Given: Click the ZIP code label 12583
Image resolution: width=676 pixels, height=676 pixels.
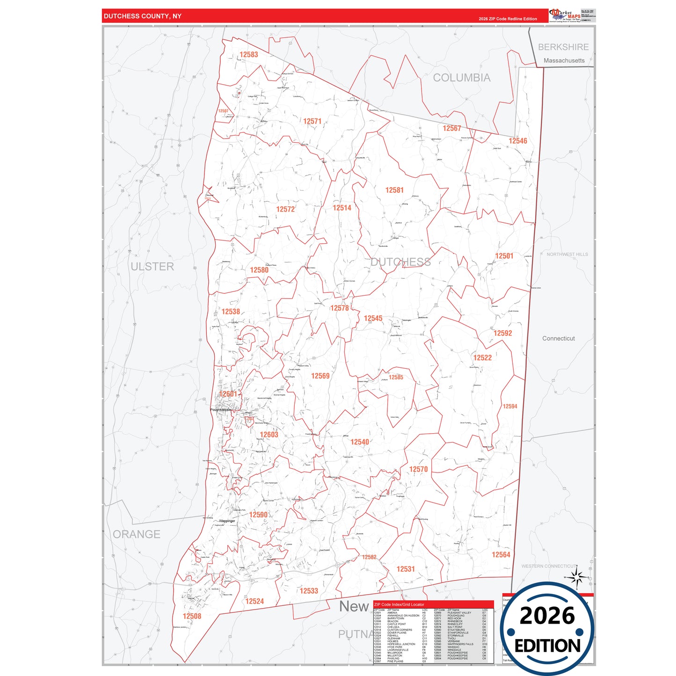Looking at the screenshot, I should click(249, 55).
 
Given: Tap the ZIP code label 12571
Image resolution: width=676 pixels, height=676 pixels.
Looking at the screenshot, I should click(312, 122).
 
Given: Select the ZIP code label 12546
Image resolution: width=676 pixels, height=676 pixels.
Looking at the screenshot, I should click(518, 141).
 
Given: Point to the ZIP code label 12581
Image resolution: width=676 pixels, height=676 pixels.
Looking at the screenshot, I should click(394, 190).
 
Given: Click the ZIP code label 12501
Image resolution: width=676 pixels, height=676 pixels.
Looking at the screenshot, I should click(504, 256).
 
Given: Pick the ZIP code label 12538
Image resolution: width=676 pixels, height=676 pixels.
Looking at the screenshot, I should click(231, 312).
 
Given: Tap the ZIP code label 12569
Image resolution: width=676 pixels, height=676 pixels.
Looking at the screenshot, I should click(320, 376).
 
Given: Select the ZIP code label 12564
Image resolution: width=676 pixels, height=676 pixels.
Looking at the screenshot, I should click(501, 555).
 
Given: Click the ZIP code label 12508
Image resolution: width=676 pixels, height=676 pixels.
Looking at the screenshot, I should click(192, 616).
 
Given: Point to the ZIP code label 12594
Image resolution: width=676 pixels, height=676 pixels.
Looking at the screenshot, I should click(510, 407).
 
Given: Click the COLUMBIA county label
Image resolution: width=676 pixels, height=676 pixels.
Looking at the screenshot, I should click(462, 78).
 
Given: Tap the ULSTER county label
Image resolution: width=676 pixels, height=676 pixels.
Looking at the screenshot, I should click(152, 267).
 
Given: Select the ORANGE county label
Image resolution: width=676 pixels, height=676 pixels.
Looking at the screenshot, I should click(137, 534).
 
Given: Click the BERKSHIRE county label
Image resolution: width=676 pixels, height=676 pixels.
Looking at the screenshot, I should click(563, 47).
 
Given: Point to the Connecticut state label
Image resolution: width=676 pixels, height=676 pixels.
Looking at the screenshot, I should click(559, 338).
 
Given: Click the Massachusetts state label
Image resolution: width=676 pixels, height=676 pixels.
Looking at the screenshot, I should click(564, 60).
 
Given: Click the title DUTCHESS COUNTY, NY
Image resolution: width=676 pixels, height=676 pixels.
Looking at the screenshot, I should click(143, 16).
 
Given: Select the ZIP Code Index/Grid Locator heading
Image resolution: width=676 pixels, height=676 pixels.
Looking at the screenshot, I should click(399, 604).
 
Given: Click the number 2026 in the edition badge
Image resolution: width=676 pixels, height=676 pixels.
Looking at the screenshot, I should click(547, 616).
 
